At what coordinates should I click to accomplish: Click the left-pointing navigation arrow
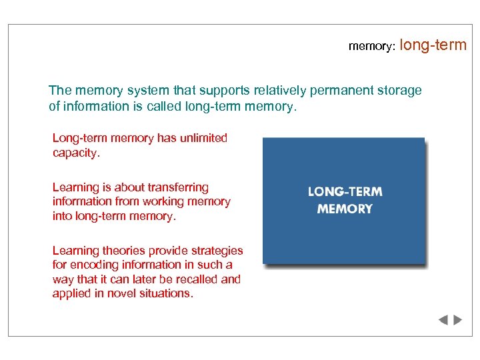[x=443, y=320]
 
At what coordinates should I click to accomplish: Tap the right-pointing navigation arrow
[x=457, y=320]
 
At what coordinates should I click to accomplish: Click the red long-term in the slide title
[x=434, y=45]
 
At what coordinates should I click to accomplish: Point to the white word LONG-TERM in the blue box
[x=345, y=192]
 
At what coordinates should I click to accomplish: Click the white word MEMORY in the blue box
[x=345, y=209]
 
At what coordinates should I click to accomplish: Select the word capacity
[x=75, y=153]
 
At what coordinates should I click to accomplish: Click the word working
[x=168, y=201]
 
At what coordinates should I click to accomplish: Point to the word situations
[x=166, y=293]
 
